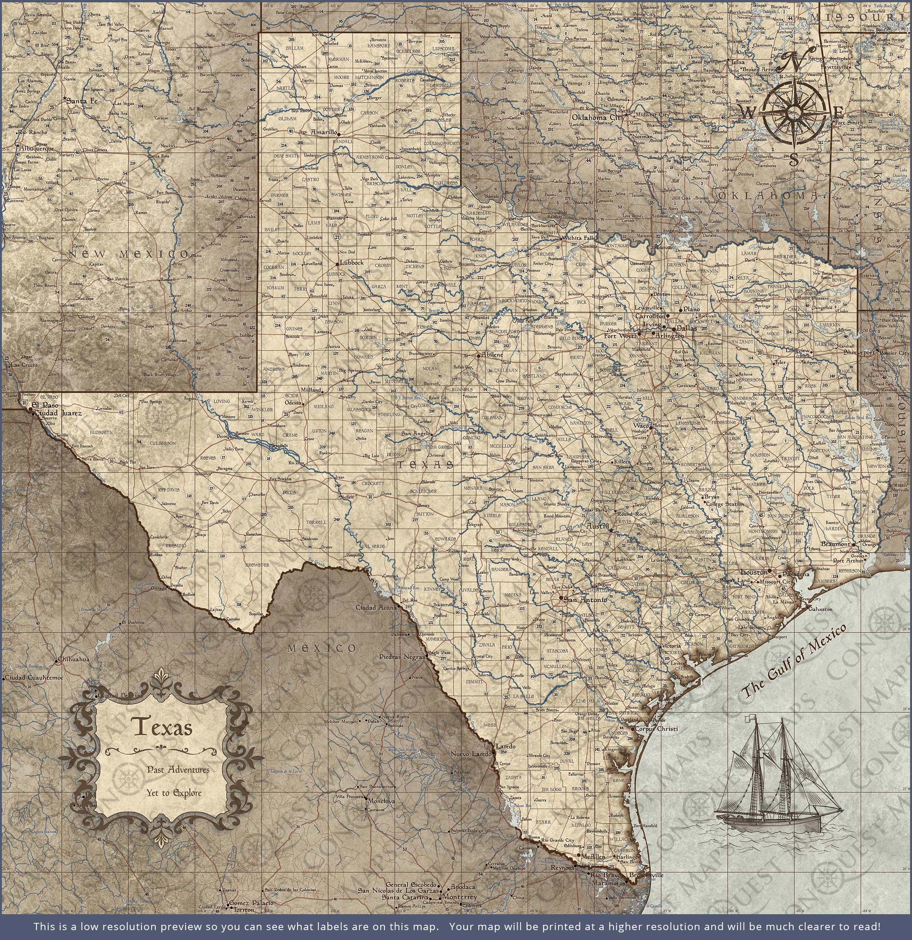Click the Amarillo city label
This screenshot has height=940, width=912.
point(324,131)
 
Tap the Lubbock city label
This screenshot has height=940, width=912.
point(351,263)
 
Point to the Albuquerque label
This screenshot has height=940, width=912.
point(37,149)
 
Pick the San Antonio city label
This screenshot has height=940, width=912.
point(585,600)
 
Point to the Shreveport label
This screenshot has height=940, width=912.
point(860,351)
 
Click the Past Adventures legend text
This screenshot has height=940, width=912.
point(178,769)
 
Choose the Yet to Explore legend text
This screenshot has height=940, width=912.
point(174,793)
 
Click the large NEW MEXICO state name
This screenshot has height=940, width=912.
point(128,254)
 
